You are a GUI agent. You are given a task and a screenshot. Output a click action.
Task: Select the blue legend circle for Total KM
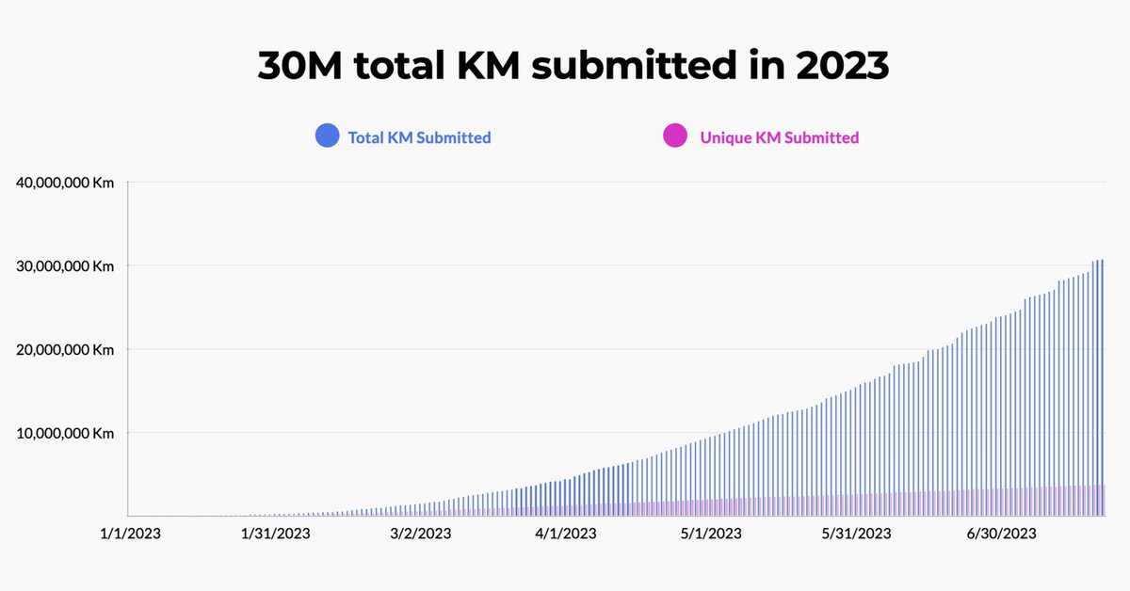[327, 137]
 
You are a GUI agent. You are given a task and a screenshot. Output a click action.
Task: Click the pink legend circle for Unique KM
[675, 137]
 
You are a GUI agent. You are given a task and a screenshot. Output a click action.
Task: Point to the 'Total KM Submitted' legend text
[419, 137]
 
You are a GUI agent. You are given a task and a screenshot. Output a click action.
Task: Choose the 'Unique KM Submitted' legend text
[779, 137]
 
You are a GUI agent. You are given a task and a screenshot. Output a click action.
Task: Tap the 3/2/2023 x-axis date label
[421, 534]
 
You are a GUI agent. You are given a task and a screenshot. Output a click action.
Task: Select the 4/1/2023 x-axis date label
[566, 534]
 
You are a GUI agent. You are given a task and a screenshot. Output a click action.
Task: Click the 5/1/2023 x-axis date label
[711, 534]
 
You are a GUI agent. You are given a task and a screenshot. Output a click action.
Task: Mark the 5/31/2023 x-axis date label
[856, 534]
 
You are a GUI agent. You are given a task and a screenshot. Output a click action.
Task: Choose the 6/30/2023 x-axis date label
[1001, 534]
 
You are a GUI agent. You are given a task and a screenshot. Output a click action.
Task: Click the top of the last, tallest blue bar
[1102, 261]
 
